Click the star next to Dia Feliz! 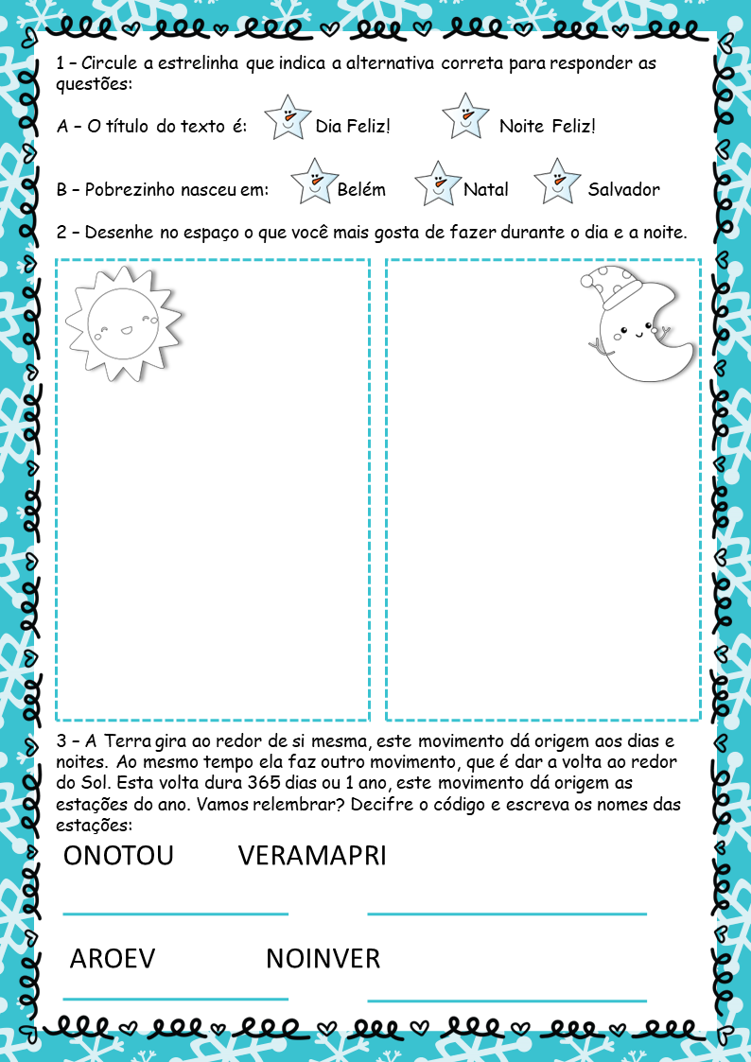click(x=288, y=118)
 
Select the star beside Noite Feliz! click(x=465, y=117)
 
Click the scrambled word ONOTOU click(x=118, y=856)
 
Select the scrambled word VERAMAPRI click(x=312, y=856)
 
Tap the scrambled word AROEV click(x=112, y=959)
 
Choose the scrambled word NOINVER click(x=323, y=959)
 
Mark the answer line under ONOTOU click(x=175, y=914)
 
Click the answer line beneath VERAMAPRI click(x=506, y=914)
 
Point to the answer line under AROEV click(x=175, y=998)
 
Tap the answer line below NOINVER click(x=506, y=1000)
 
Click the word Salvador click(x=623, y=189)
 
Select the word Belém click(x=361, y=189)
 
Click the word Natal click(x=486, y=189)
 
